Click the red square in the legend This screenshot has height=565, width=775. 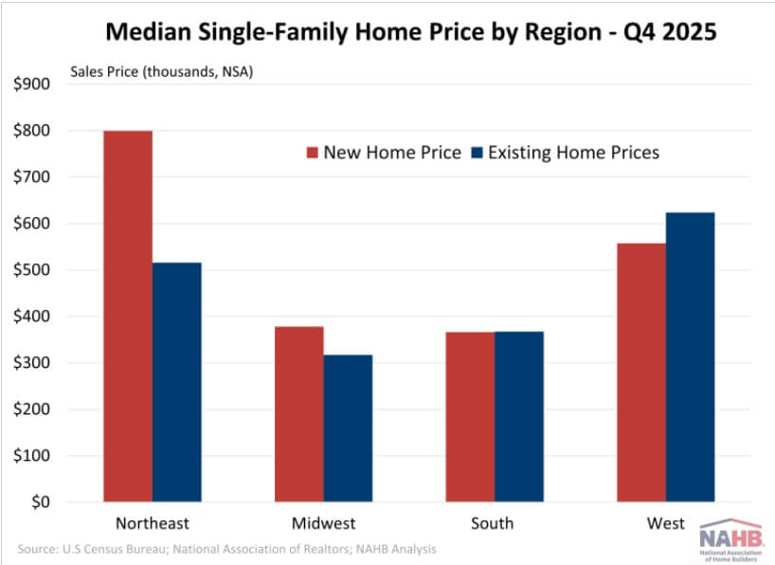coord(312,153)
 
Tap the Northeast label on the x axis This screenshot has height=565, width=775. coord(153,523)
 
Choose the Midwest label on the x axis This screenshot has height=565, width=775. coord(323,523)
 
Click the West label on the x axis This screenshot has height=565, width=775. coord(665,523)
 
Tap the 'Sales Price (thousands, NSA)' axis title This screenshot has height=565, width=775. coord(162,69)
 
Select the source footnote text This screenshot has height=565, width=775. coord(227,549)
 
